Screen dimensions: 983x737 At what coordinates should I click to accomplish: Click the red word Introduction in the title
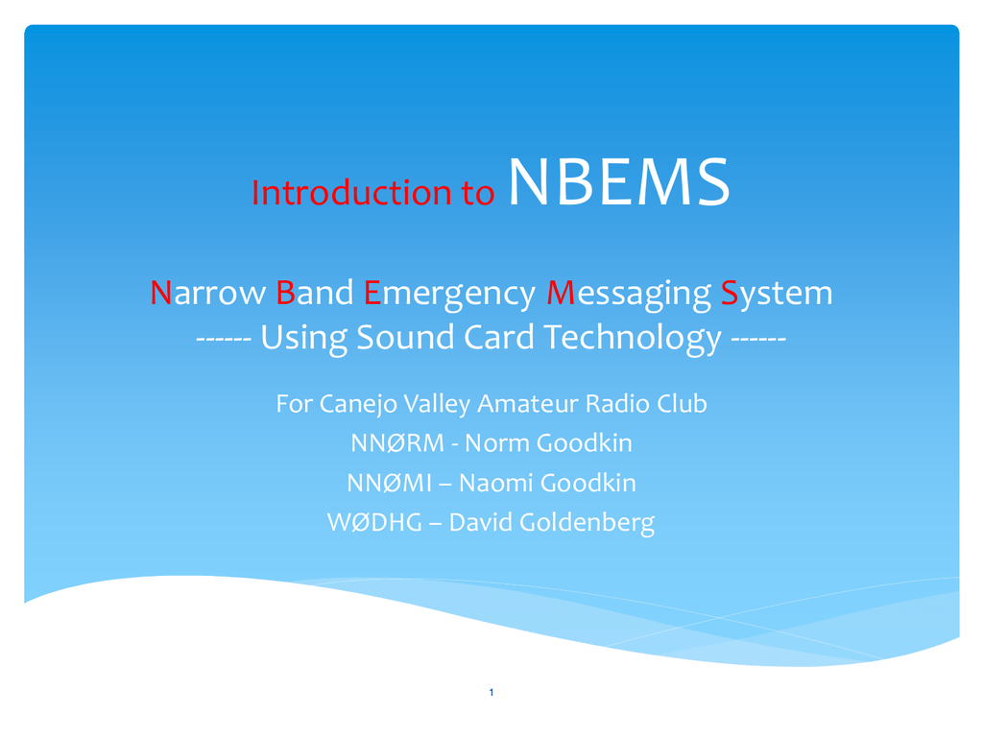[351, 192]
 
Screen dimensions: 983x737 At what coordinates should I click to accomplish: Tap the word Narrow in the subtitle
[207, 293]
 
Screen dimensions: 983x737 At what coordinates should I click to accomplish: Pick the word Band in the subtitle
[315, 293]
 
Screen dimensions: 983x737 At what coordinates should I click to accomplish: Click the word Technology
[634, 339]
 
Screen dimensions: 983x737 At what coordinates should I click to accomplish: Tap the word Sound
[405, 337]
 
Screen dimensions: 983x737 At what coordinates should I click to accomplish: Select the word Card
[499, 337]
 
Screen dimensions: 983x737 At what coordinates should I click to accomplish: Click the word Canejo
[358, 404]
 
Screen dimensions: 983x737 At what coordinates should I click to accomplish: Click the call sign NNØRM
[397, 443]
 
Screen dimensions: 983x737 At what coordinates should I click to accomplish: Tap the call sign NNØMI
[390, 484]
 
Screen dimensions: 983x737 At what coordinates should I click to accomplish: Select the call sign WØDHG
[375, 523]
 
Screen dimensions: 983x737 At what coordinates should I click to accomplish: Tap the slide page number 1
[491, 693]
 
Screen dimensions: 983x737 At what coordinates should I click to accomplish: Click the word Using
[303, 339]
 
